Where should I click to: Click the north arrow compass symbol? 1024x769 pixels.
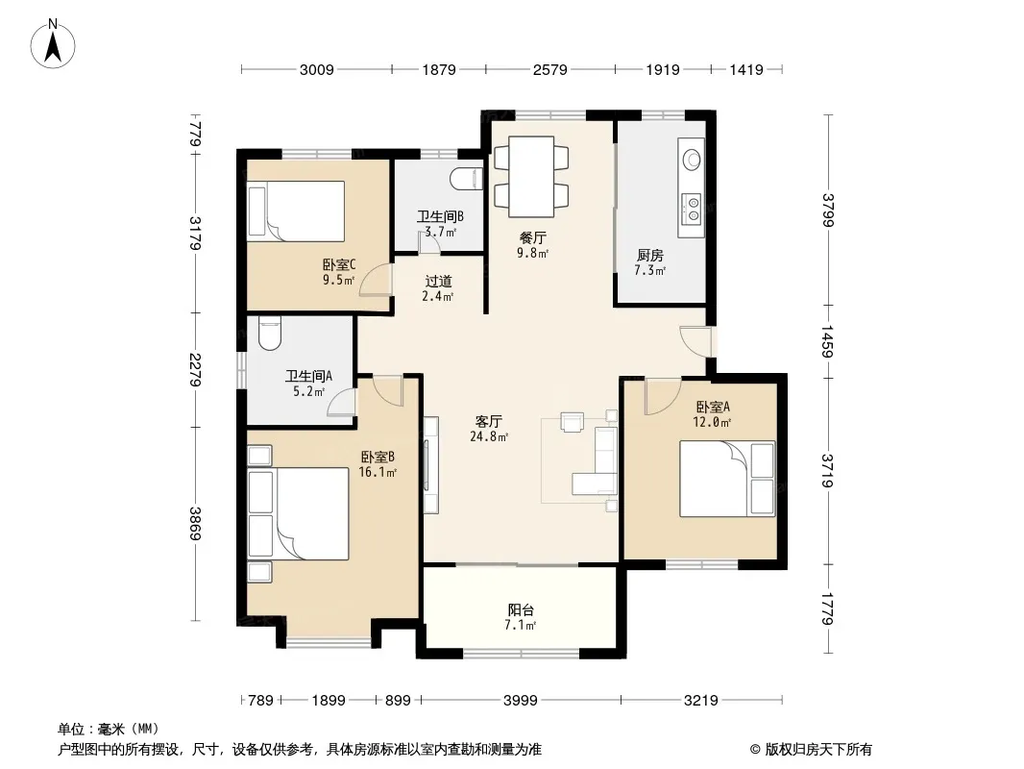(53, 44)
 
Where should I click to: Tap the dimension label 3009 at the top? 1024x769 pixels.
(317, 70)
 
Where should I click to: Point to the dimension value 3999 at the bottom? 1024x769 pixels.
(521, 701)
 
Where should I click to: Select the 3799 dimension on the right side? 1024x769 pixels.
(827, 210)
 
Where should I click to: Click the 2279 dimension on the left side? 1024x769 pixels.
(195, 369)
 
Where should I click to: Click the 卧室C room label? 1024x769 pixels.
(339, 264)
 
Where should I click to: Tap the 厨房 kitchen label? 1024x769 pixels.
(649, 256)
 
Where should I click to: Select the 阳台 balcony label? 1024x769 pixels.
(521, 610)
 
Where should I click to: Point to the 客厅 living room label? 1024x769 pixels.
(489, 421)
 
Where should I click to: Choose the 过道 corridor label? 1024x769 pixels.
(438, 281)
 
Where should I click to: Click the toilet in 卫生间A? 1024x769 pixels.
(269, 334)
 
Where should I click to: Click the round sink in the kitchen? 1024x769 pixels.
(692, 159)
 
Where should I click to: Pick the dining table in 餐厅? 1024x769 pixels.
(531, 177)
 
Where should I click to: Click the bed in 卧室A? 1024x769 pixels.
(727, 479)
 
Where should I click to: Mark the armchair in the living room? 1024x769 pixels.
(573, 421)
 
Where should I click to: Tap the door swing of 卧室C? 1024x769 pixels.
(375, 280)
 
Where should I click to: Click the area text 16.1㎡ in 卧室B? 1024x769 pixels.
(378, 472)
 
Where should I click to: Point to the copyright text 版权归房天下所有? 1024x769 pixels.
(818, 750)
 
